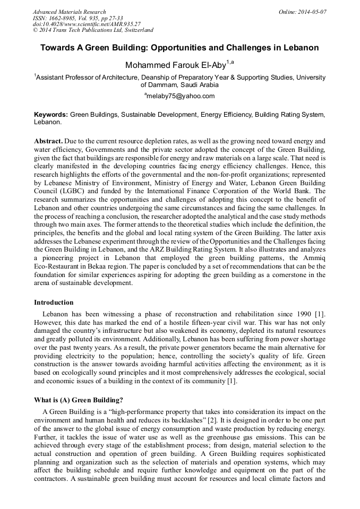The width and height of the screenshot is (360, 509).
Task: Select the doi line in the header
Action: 87,24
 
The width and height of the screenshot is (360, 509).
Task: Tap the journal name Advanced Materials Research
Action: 69,12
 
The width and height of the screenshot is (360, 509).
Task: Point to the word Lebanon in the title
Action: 301,48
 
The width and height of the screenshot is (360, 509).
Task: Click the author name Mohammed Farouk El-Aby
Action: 175,65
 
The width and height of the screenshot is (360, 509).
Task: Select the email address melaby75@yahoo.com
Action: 181,96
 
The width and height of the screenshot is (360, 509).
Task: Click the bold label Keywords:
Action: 51,114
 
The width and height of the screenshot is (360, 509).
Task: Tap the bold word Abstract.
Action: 48,141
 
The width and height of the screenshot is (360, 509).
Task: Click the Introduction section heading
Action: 54,303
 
